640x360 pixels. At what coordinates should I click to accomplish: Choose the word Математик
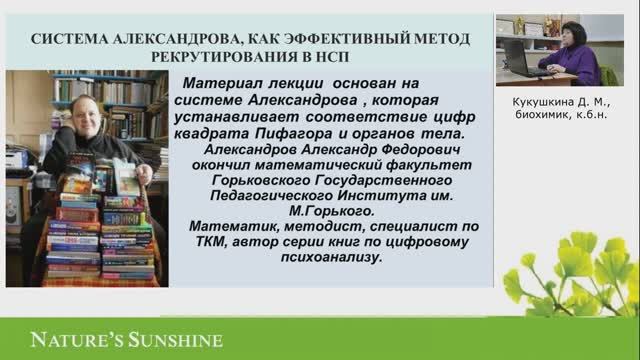point(229,227)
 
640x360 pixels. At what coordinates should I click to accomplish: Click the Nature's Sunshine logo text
point(112,340)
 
